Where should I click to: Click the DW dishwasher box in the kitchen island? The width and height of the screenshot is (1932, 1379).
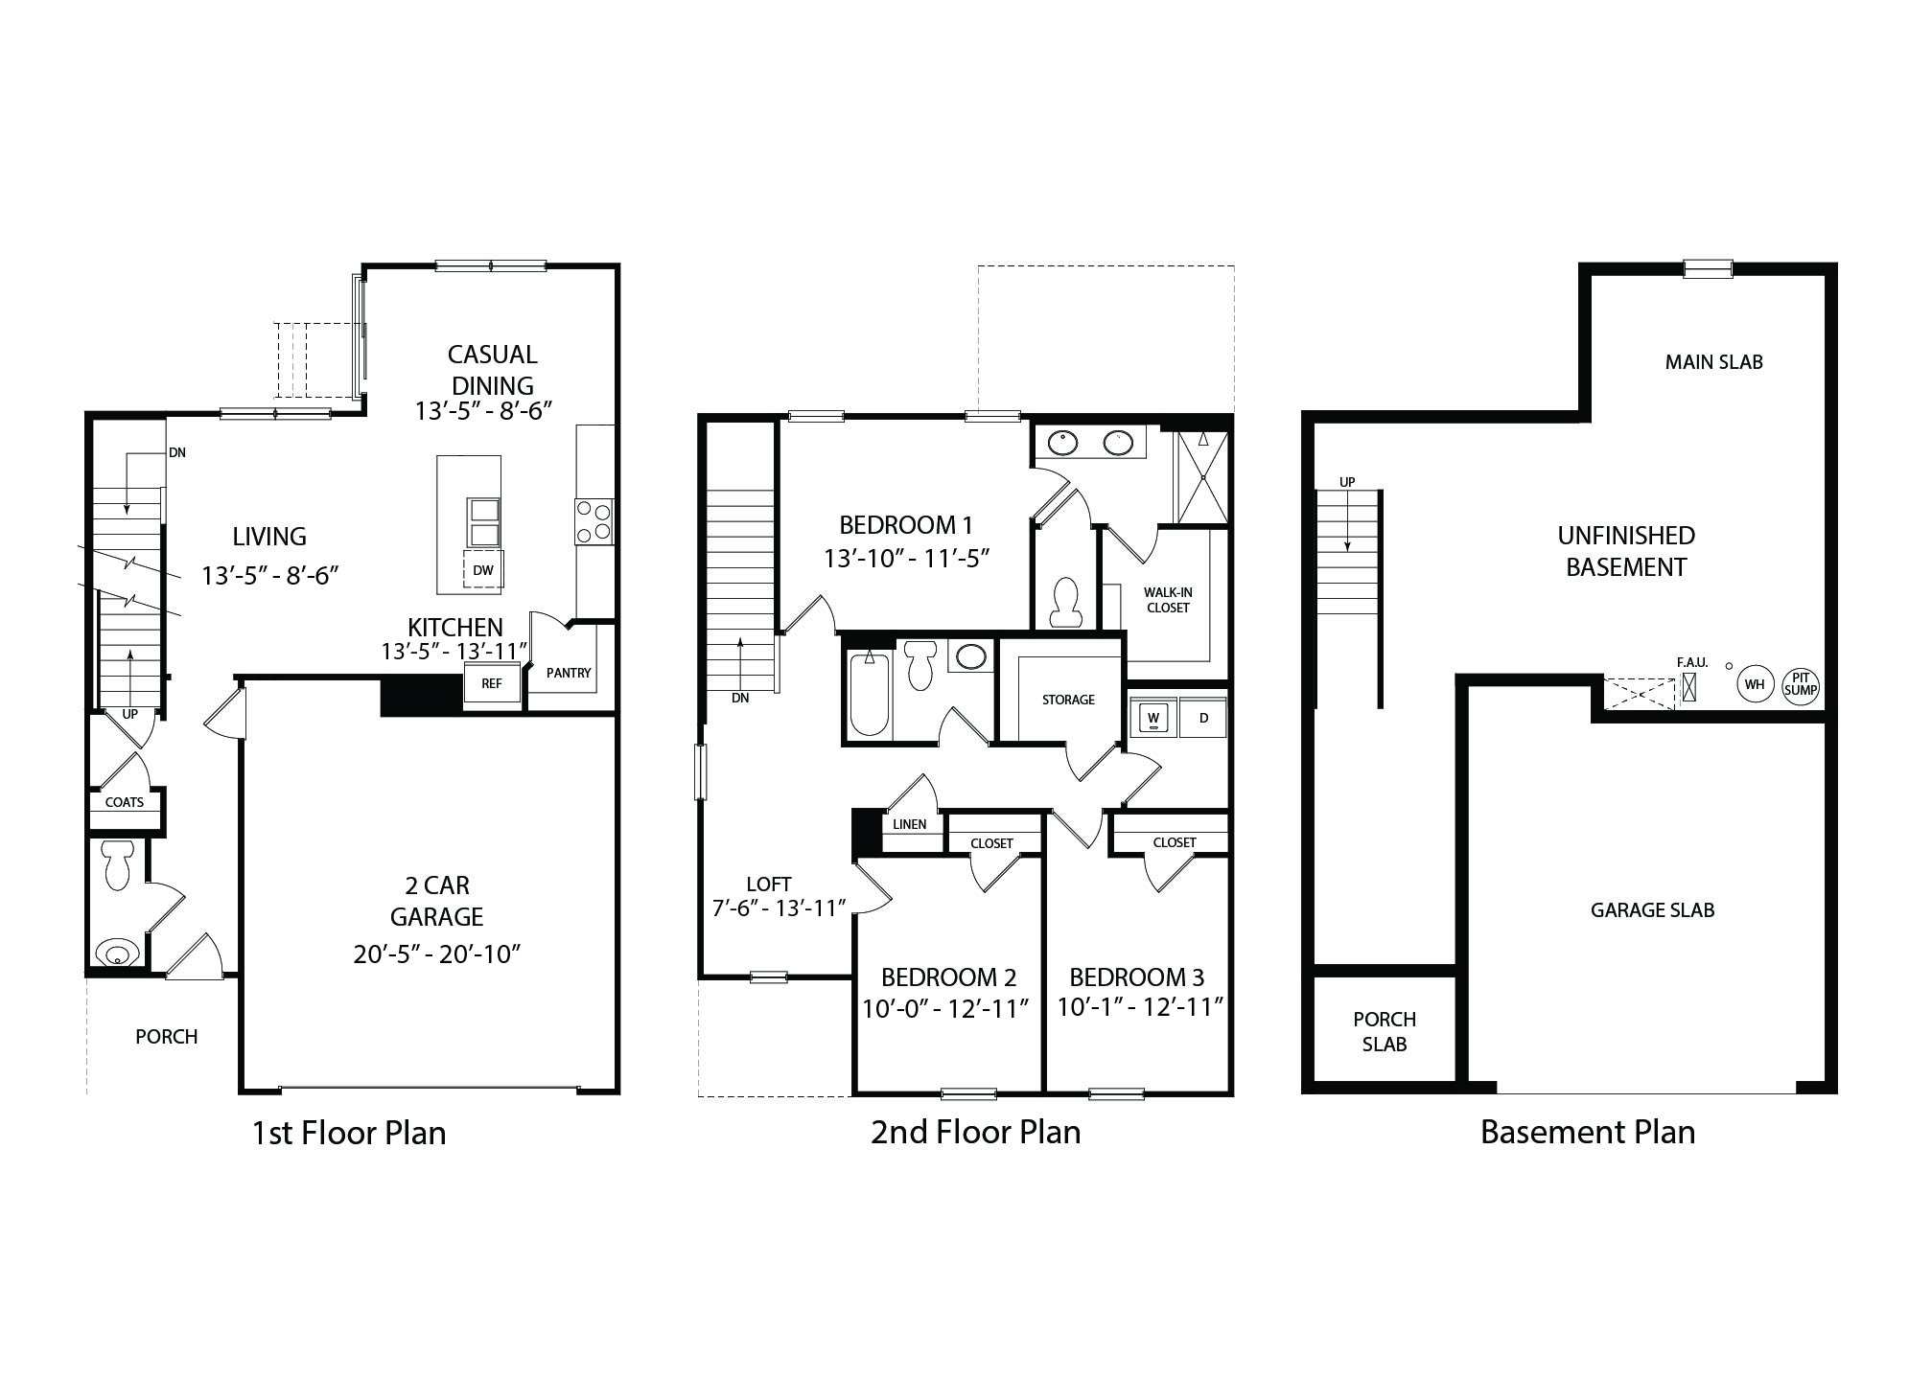[483, 570]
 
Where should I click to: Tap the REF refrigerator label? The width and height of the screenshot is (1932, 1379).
[491, 684]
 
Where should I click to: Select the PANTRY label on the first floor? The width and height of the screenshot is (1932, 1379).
[569, 673]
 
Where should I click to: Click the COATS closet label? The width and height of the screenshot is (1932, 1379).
[125, 802]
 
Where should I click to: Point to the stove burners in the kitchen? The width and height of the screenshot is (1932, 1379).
[594, 522]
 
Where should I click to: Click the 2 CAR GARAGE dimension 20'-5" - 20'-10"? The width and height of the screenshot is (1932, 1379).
[436, 954]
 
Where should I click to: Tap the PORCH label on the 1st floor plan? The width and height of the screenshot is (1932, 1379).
[167, 1037]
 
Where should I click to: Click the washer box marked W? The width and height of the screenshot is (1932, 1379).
[1153, 718]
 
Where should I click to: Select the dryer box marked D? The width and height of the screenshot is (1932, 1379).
[1204, 718]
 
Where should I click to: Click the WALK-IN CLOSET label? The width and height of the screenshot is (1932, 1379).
[1168, 600]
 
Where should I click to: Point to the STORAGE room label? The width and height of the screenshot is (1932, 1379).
[1068, 700]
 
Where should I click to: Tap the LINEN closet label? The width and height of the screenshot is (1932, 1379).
[910, 824]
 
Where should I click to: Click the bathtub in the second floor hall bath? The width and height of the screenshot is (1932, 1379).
[870, 696]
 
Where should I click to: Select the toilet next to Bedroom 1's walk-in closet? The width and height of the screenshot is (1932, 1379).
[1065, 602]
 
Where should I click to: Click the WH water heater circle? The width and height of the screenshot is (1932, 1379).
[1755, 684]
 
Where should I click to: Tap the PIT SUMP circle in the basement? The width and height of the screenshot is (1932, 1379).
[1801, 684]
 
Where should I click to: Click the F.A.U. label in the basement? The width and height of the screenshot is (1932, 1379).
[1691, 662]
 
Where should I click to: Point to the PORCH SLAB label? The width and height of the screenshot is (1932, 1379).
[1385, 1032]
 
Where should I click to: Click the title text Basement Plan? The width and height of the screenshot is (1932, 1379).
[1588, 1133]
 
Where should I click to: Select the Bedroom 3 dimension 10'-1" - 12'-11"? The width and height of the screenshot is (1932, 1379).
[1140, 1007]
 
